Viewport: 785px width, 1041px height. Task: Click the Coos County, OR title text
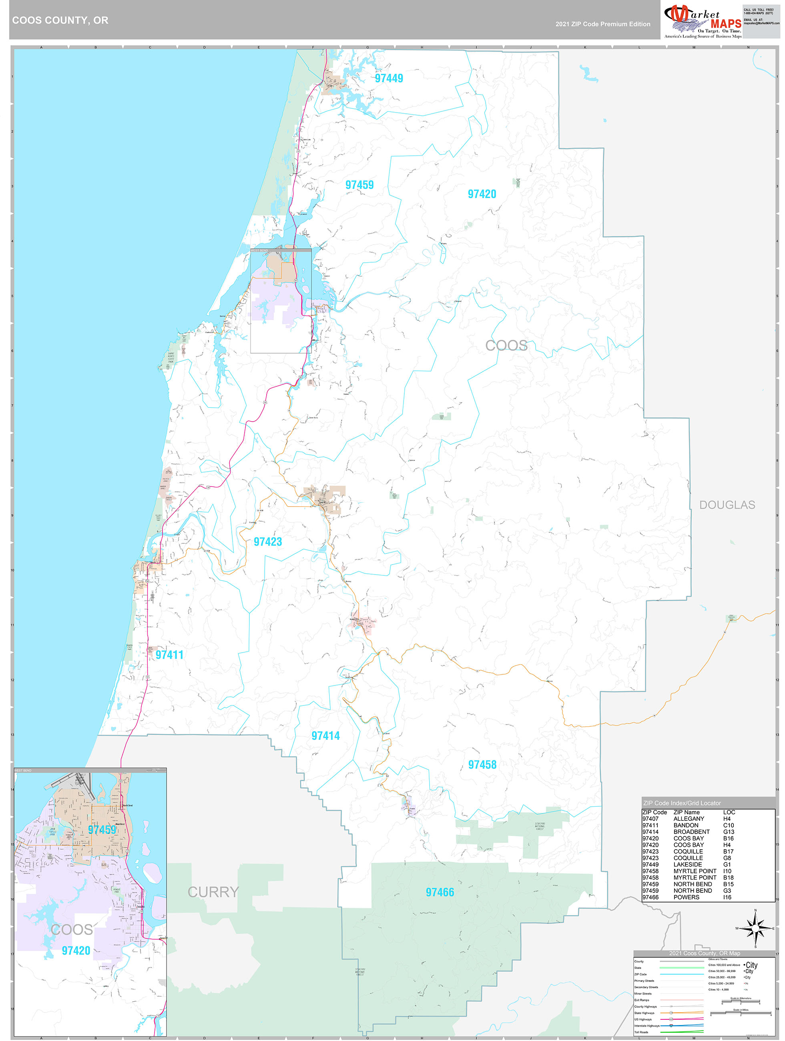[x=60, y=20]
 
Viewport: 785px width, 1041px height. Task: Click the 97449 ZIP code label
[x=389, y=78]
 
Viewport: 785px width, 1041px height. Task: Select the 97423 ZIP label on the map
[x=268, y=542]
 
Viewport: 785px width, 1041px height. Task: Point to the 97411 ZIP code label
[x=169, y=655]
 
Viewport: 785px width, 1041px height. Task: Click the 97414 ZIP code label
[x=325, y=736]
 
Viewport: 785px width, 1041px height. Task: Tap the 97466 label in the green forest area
[x=440, y=892]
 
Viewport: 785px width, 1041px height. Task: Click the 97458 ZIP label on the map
[x=482, y=765]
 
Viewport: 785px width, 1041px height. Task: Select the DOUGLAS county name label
[x=727, y=505]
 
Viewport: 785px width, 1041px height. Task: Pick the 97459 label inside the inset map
[x=102, y=830]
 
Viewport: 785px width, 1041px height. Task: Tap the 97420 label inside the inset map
[x=76, y=951]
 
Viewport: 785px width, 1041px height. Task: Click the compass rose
[x=755, y=928]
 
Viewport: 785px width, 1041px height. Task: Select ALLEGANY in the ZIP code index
[x=689, y=818]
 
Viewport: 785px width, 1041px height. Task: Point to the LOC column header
[x=729, y=812]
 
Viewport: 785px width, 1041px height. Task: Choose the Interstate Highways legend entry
[x=646, y=1025]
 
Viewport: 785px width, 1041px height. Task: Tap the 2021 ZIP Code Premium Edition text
[x=602, y=24]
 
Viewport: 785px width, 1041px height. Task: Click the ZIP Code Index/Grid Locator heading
[x=681, y=803]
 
